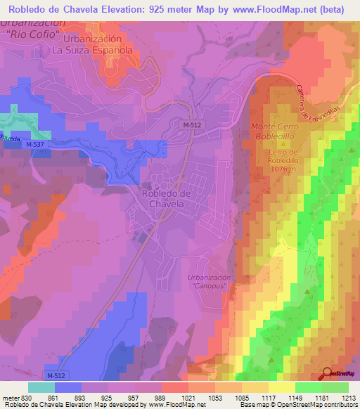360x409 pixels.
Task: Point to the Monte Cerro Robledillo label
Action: (275, 131)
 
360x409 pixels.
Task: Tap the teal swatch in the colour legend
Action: (41, 387)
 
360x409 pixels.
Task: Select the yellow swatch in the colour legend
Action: (281, 387)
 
